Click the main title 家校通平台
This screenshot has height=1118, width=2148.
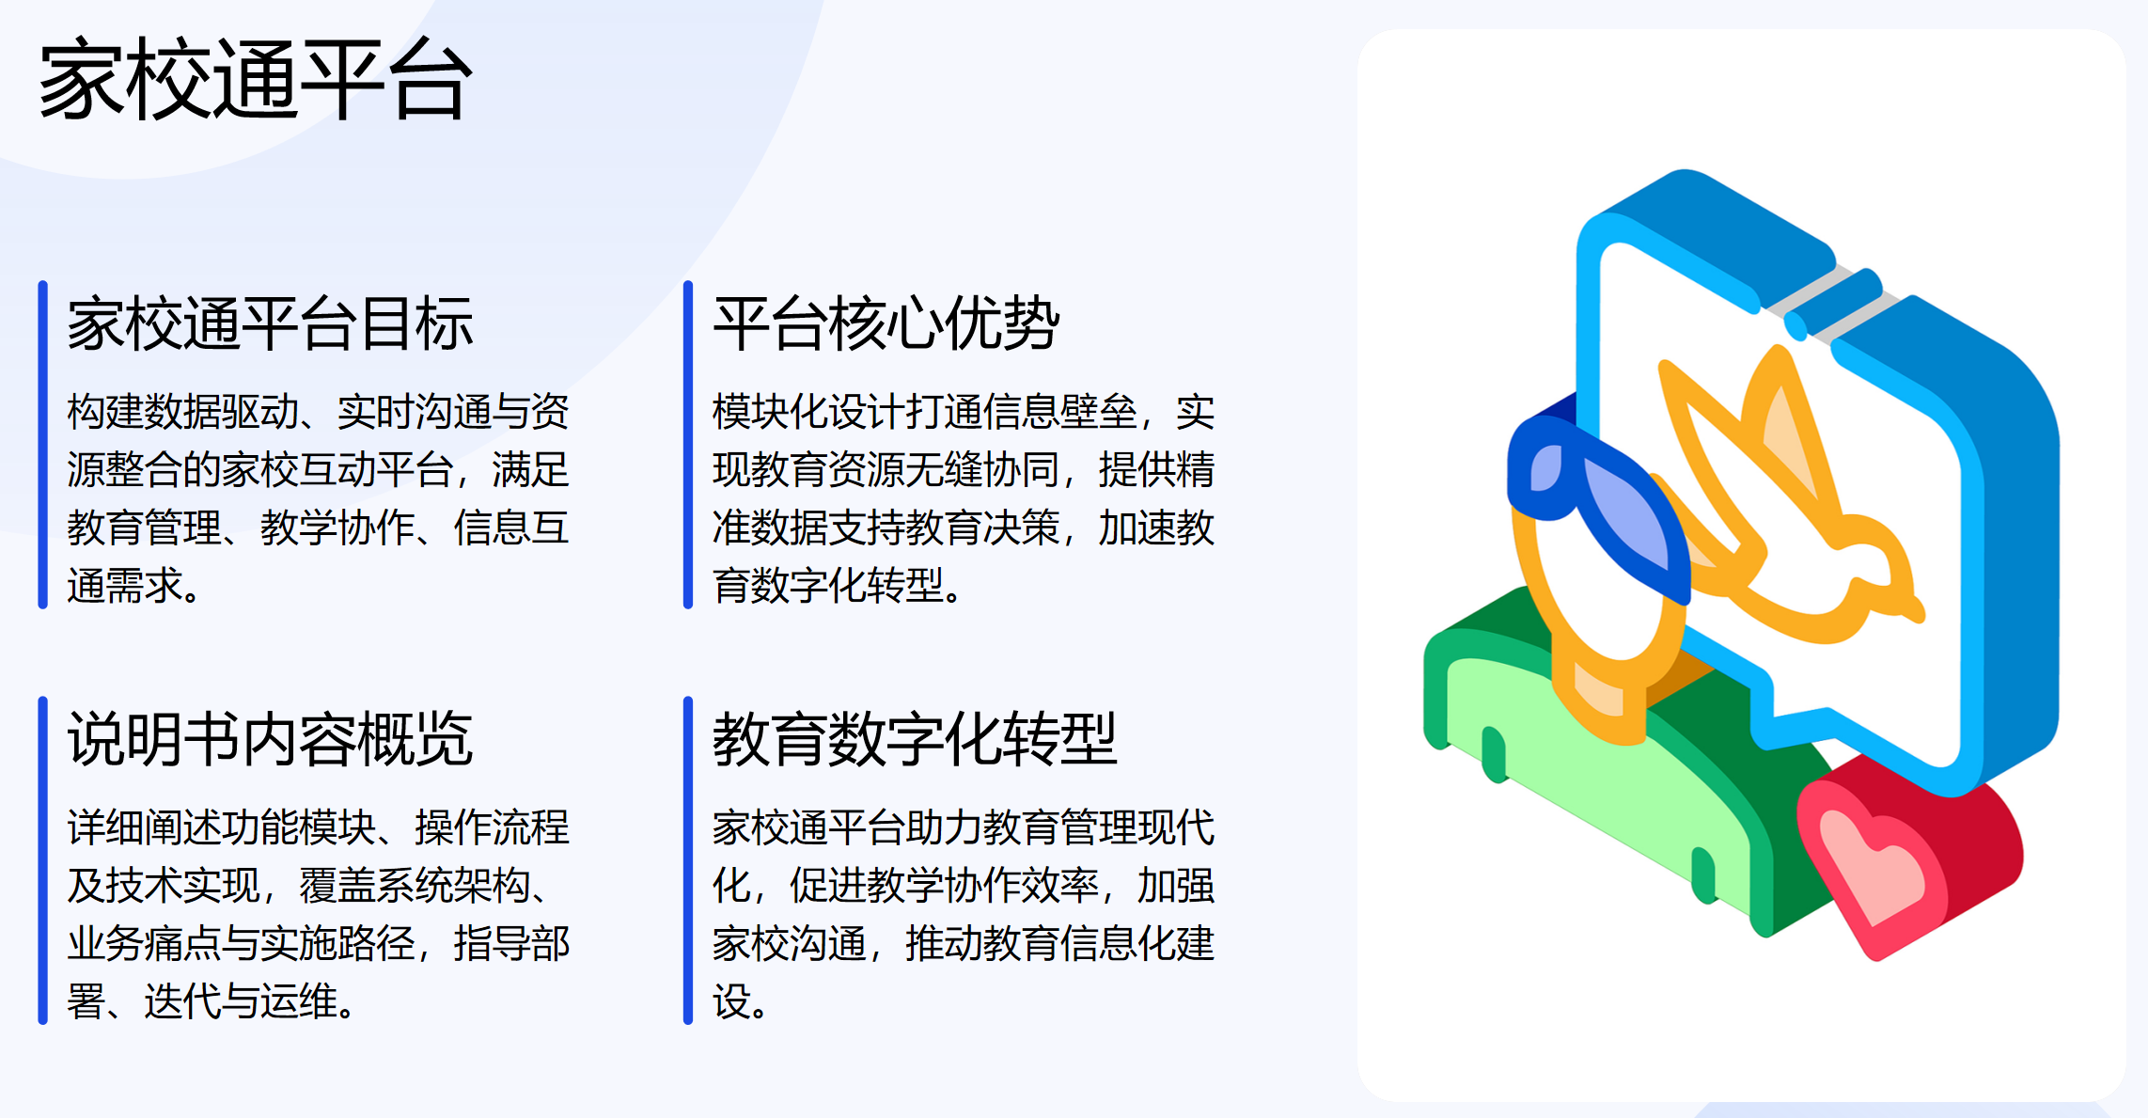(254, 80)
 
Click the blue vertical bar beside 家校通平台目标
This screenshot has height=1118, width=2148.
(42, 444)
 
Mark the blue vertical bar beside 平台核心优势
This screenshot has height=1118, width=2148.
(688, 444)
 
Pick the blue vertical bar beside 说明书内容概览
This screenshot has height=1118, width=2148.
(42, 859)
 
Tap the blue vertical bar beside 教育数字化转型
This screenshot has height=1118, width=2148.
(688, 859)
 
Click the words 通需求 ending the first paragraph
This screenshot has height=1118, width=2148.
(124, 587)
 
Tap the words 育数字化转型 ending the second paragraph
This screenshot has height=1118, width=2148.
(827, 587)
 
